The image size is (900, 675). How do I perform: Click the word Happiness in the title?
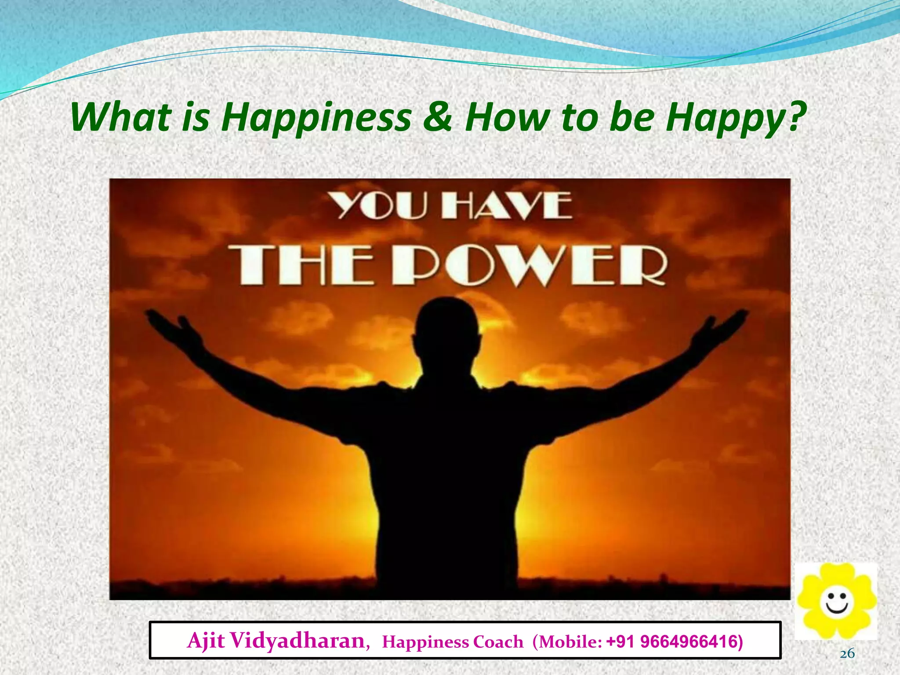tap(316, 118)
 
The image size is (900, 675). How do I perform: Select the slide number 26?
tap(847, 654)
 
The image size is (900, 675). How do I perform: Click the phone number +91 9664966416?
tap(674, 642)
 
